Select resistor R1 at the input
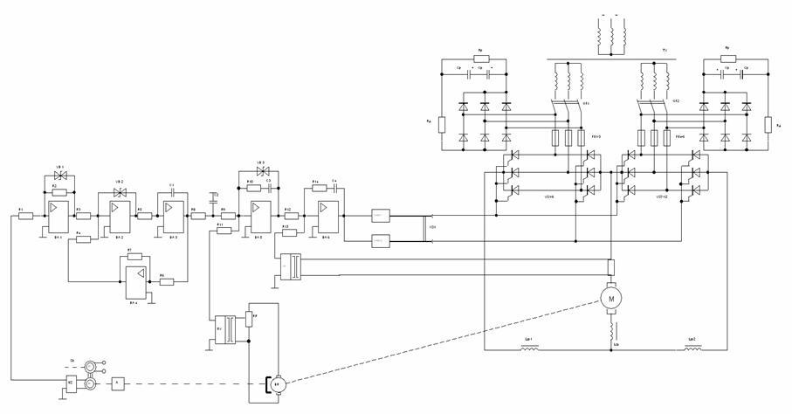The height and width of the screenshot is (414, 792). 24,216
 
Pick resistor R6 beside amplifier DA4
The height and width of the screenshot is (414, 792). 167,281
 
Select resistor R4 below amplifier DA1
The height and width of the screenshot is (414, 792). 83,238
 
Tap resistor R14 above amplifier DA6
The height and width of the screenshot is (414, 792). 315,190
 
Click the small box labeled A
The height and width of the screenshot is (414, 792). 117,383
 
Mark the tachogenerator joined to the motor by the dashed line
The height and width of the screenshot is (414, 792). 278,383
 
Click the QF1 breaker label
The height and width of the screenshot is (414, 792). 587,103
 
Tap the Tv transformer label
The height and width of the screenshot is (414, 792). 665,62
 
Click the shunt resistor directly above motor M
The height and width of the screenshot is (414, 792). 610,266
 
